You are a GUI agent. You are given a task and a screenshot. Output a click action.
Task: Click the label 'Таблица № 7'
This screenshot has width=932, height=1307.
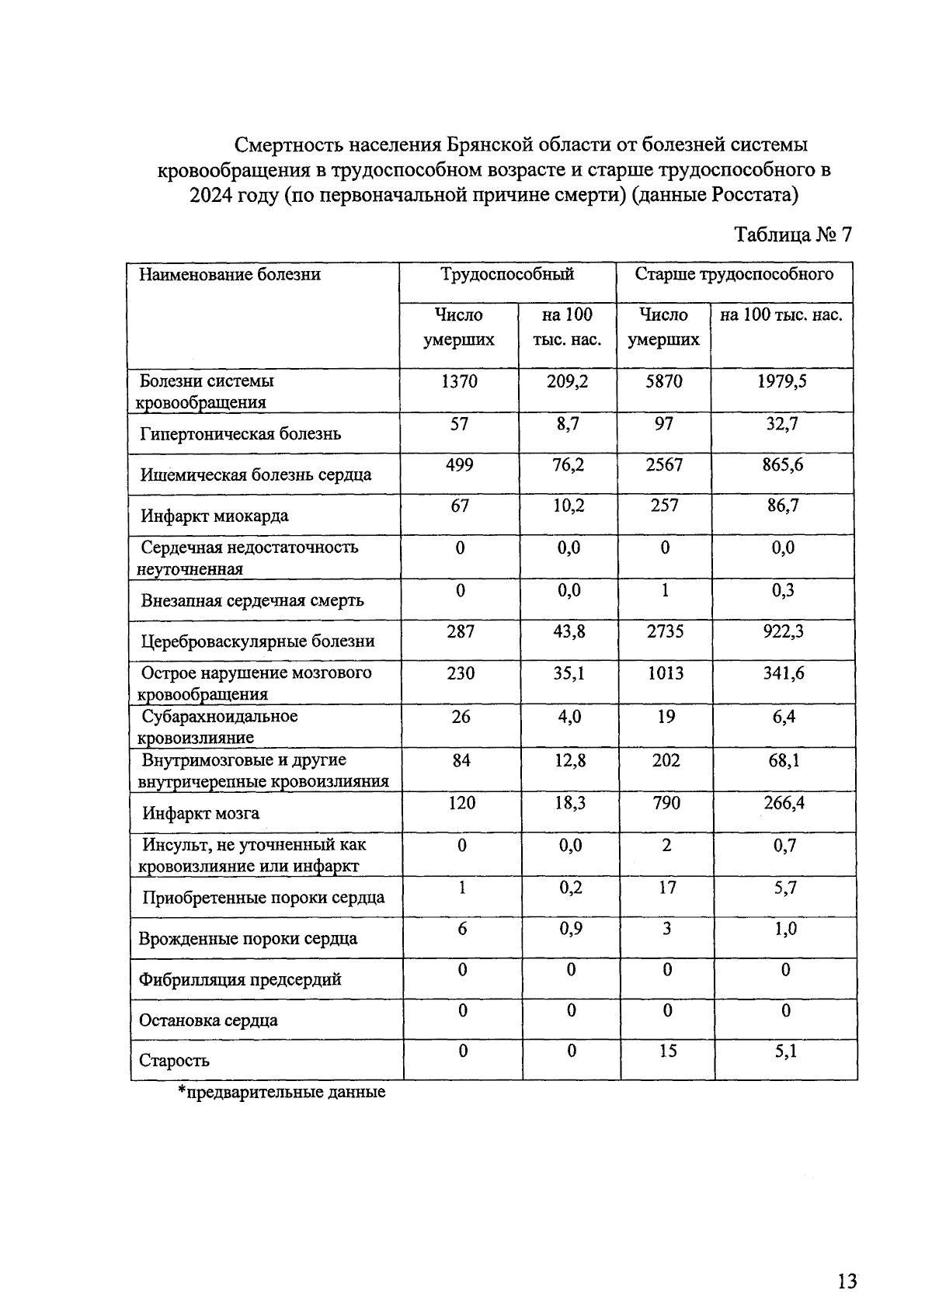click(792, 235)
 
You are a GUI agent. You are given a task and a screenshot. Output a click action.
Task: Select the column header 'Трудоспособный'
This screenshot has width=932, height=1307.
click(507, 274)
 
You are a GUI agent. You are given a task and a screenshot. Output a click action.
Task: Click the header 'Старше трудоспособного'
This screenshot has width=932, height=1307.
click(734, 274)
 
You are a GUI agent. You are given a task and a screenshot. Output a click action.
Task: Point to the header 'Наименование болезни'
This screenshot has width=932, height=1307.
click(230, 274)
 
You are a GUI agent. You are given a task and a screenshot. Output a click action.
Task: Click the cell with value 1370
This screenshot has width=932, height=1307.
click(460, 381)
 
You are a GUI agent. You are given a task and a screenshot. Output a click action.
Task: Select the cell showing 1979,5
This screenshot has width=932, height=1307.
click(782, 381)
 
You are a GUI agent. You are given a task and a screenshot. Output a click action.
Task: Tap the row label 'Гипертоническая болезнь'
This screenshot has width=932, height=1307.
click(241, 434)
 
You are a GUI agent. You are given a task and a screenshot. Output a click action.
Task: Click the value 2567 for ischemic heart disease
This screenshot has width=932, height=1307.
click(664, 464)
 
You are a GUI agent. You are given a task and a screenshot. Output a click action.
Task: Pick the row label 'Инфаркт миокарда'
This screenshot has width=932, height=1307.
click(214, 516)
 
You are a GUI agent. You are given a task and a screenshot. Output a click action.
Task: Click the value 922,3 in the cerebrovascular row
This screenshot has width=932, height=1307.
click(783, 631)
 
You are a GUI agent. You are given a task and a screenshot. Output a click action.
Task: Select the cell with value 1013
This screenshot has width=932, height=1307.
click(666, 673)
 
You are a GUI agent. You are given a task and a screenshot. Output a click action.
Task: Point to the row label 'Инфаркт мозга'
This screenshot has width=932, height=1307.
click(200, 814)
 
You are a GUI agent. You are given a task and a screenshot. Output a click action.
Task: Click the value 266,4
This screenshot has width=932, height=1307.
click(784, 802)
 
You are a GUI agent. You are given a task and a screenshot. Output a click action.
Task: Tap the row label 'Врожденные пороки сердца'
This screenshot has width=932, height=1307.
click(248, 939)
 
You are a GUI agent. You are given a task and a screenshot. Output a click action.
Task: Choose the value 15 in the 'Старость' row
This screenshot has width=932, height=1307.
click(667, 1051)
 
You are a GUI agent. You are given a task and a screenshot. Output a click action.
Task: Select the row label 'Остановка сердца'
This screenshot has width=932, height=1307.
click(207, 1020)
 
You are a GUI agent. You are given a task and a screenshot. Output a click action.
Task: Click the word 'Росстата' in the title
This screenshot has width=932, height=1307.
click(753, 194)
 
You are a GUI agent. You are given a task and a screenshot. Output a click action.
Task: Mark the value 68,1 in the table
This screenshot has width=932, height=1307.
click(784, 760)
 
